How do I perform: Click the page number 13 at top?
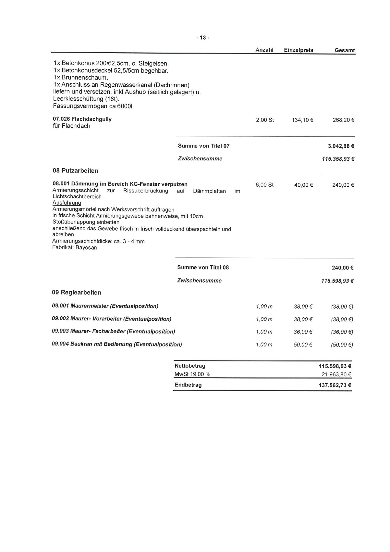pyautogui.click(x=203, y=38)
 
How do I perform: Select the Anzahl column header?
pyautogui.click(x=264, y=50)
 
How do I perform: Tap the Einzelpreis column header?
pyautogui.click(x=299, y=50)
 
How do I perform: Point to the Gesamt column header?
pyautogui.click(x=345, y=50)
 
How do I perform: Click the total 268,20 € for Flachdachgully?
pyautogui.click(x=343, y=120)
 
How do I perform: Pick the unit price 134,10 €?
pyautogui.click(x=302, y=120)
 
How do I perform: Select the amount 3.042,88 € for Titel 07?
pyautogui.click(x=341, y=146)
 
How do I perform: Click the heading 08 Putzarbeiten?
pyautogui.click(x=75, y=171)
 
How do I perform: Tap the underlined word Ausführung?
pyautogui.click(x=67, y=203)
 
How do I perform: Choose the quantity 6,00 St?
pyautogui.click(x=264, y=185)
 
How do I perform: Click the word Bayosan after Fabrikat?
pyautogui.click(x=86, y=248)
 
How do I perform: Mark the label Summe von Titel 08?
pyautogui.click(x=203, y=268)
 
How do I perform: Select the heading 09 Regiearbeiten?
pyautogui.click(x=76, y=293)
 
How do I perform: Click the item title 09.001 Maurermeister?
pyautogui.click(x=105, y=306)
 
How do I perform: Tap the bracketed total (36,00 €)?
pyautogui.click(x=342, y=332)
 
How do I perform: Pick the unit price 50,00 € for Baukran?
pyautogui.click(x=303, y=345)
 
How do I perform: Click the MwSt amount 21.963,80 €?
pyautogui.click(x=336, y=374)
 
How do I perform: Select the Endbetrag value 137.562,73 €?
pyautogui.click(x=335, y=385)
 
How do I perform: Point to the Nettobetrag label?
pyautogui.click(x=190, y=366)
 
